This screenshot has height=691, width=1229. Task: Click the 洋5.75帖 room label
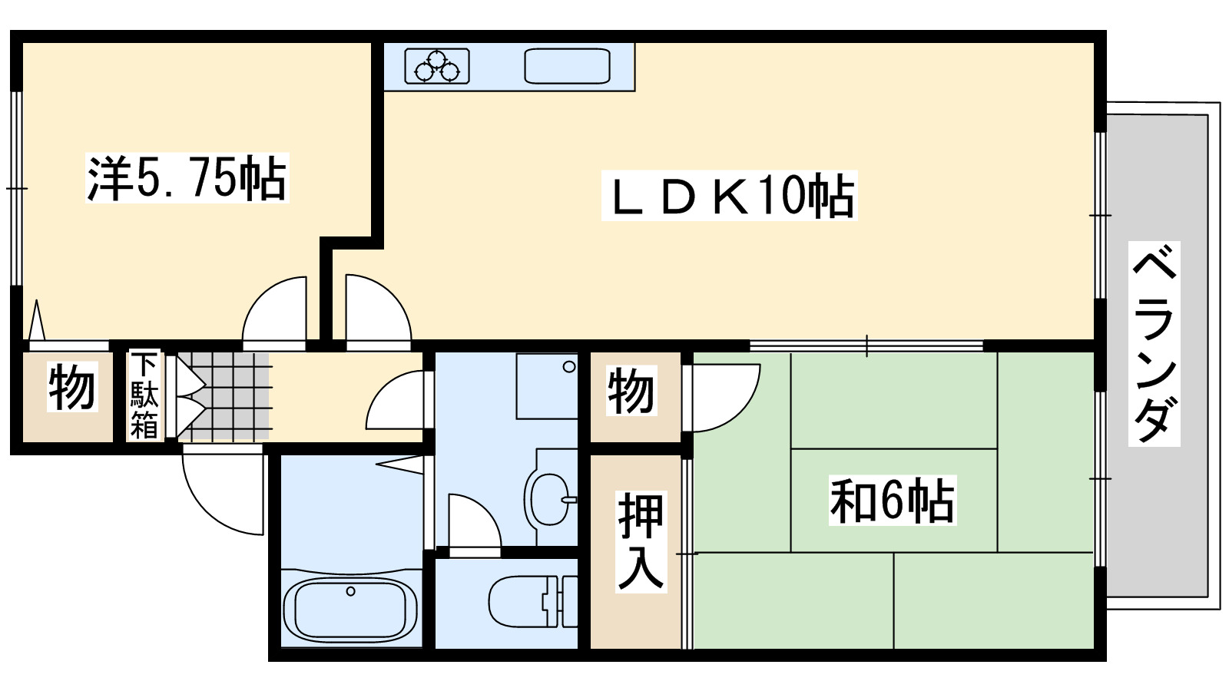(186, 178)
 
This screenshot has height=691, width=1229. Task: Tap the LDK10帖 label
(730, 197)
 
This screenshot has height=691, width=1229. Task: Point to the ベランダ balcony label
(1154, 343)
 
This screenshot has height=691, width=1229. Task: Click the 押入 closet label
(641, 541)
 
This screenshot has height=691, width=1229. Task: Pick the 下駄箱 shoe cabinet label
(144, 395)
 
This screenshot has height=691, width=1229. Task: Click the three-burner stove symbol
(436, 66)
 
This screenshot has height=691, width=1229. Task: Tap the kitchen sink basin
(567, 66)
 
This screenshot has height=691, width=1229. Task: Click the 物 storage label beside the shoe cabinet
(71, 388)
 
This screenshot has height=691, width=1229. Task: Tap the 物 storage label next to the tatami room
(631, 392)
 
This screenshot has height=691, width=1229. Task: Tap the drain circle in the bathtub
(350, 591)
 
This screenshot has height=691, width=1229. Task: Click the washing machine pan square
(547, 385)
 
